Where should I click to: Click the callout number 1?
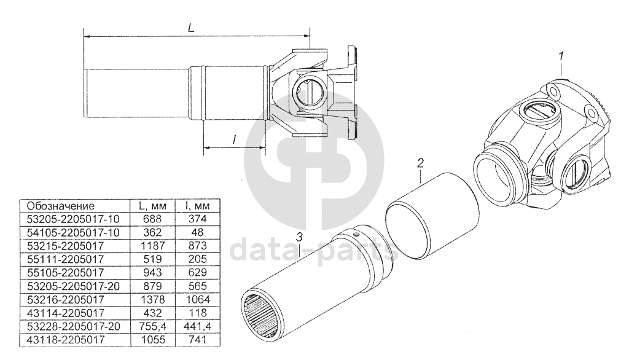coord(561,56)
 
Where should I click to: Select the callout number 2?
coord(420,163)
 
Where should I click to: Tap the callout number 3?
coord(299,237)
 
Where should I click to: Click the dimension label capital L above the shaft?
coord(191,28)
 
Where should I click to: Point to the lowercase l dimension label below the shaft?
coord(234,139)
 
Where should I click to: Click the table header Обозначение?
coord(61,206)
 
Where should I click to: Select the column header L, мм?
coord(152,206)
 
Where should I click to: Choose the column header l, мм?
coord(197,206)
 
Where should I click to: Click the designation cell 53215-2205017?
coord(65,246)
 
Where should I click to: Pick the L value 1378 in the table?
coord(154,299)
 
